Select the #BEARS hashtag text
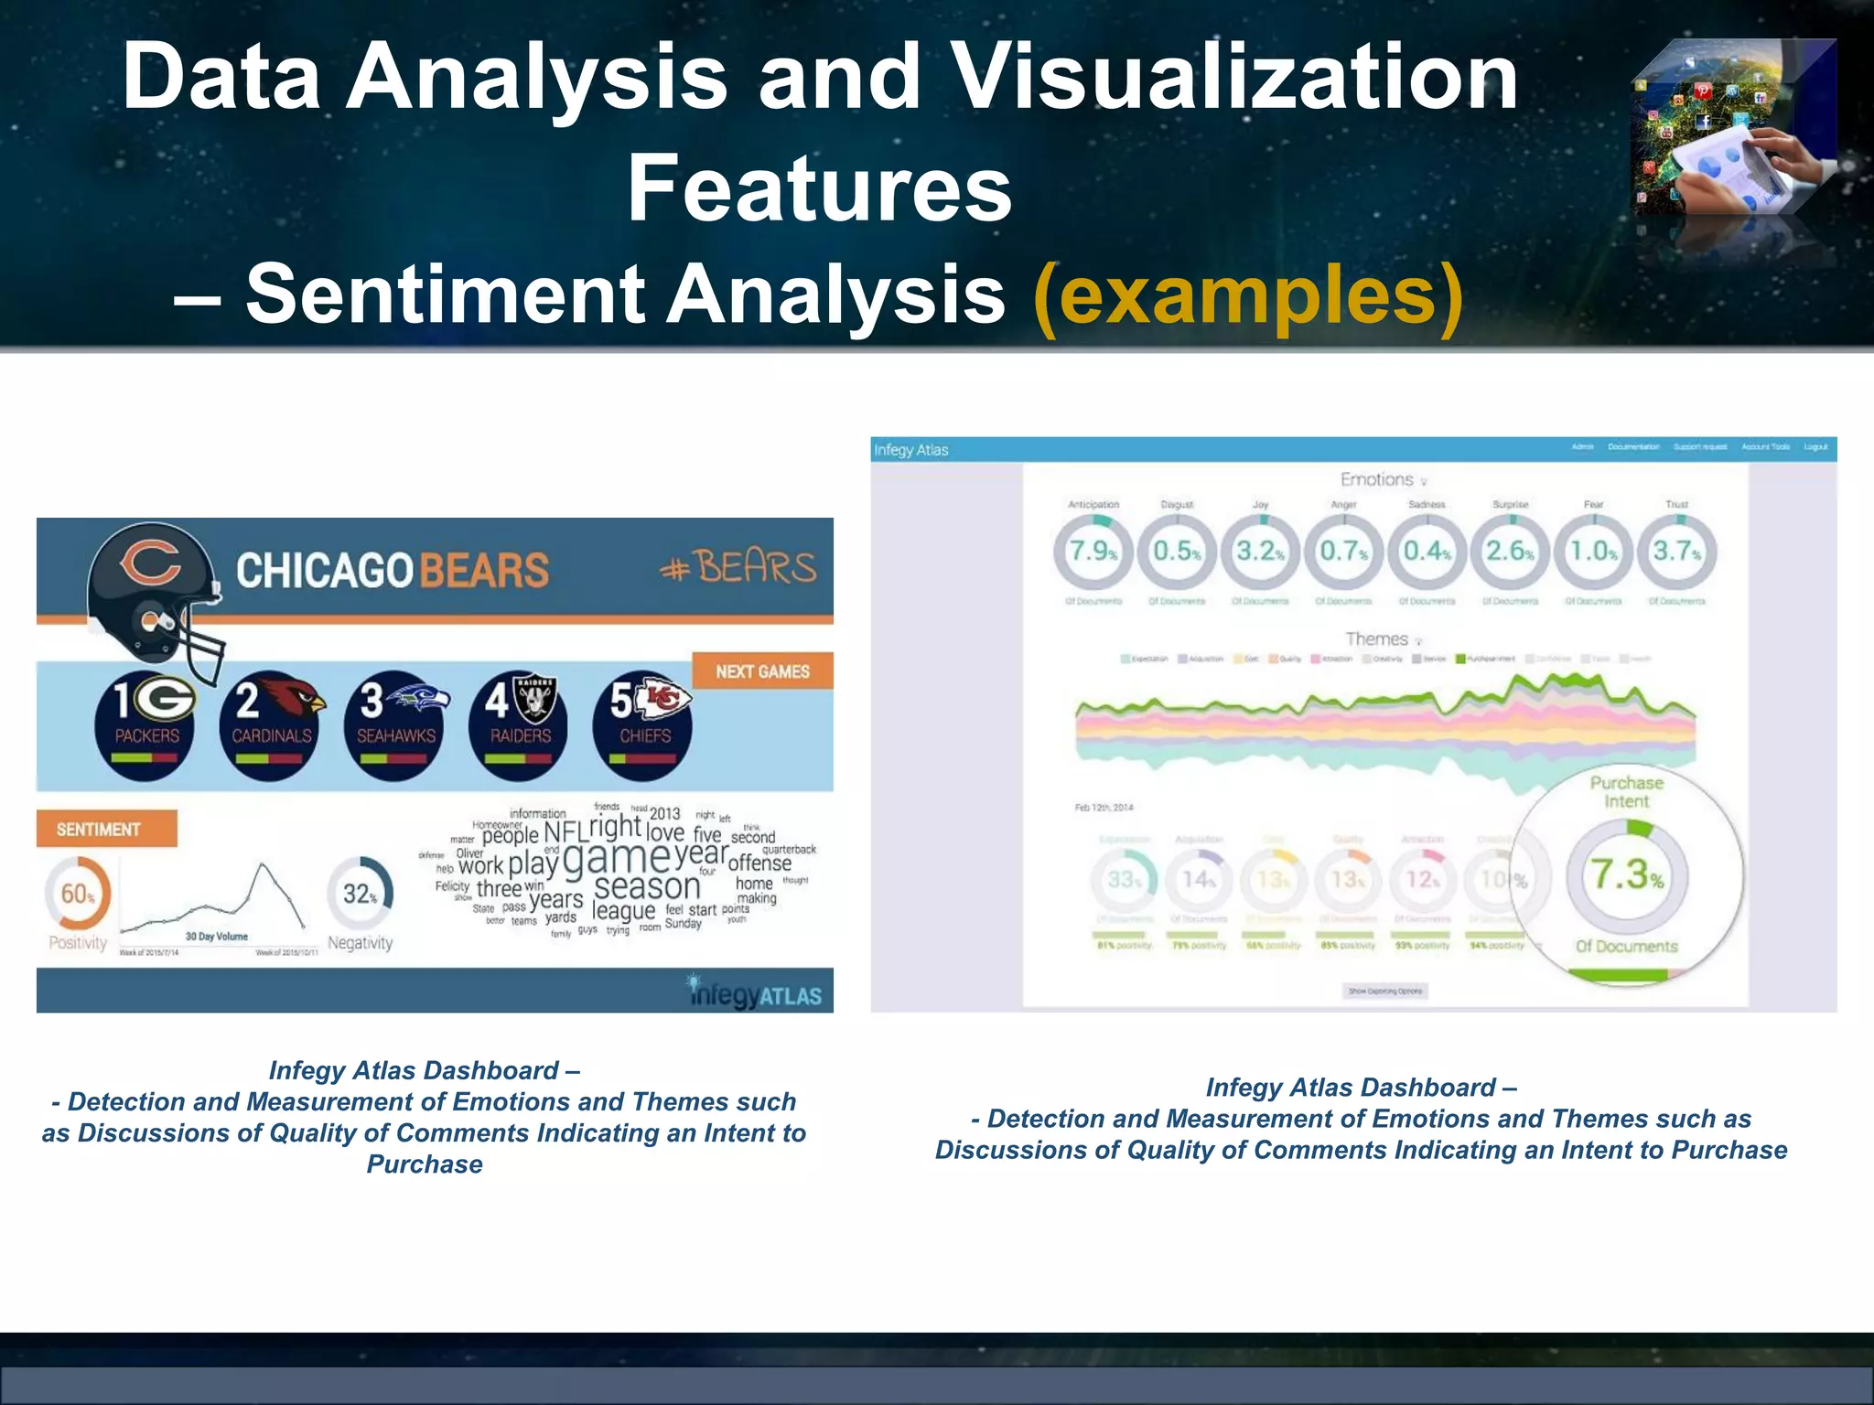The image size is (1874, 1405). coord(738,568)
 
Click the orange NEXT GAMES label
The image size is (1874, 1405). coord(762,671)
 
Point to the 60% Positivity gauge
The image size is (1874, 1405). coord(78,894)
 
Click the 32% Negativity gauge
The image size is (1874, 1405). coord(361,894)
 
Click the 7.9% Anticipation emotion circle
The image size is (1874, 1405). coord(1093,552)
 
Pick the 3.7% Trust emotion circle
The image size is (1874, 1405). coord(1676,552)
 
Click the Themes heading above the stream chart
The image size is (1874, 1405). coord(1376,639)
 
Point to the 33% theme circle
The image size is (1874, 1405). coord(1124,880)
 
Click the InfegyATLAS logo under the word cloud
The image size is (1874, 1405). coord(755,993)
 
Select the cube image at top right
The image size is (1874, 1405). coord(1733,128)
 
